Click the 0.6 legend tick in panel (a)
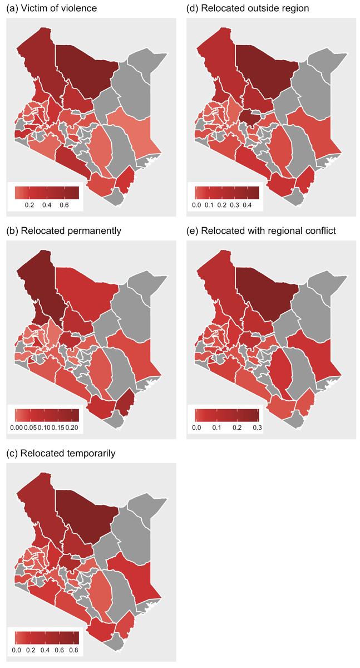pos(63,205)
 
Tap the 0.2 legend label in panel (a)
pos(29,205)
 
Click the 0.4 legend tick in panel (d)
pos(247,205)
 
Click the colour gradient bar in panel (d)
pos(227,193)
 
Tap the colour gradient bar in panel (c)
pos(47,637)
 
